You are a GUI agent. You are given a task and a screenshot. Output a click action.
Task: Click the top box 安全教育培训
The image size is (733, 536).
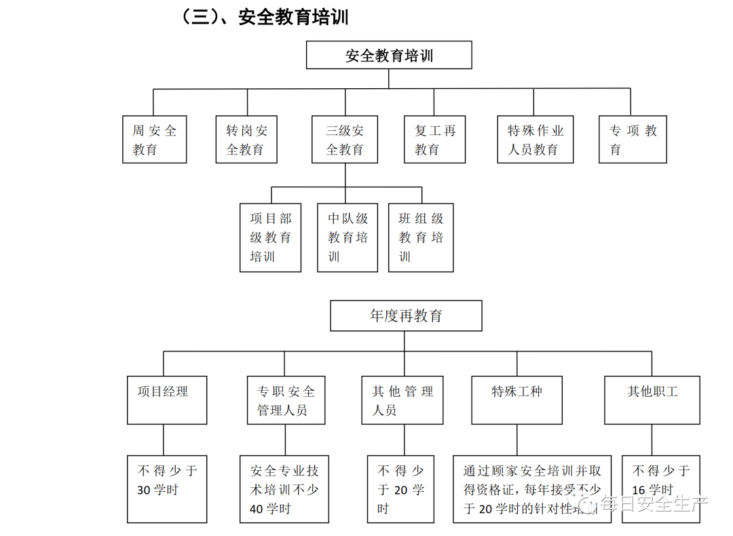pyautogui.click(x=389, y=55)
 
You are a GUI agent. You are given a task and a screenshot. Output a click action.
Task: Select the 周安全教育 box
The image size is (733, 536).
pyautogui.click(x=154, y=140)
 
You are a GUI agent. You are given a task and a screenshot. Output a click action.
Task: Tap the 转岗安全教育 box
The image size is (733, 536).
pyautogui.click(x=246, y=140)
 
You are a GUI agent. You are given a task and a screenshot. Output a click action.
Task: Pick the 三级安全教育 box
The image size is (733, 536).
pyautogui.click(x=345, y=140)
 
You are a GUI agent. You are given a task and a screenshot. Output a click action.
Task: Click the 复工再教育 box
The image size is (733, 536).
pyautogui.click(x=434, y=140)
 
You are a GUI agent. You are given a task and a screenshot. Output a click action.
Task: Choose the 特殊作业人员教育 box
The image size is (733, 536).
pyautogui.click(x=535, y=140)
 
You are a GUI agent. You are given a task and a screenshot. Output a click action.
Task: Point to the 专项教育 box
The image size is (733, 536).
pyautogui.click(x=633, y=140)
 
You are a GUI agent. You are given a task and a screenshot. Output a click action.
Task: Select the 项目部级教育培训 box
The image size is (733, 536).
pyautogui.click(x=270, y=237)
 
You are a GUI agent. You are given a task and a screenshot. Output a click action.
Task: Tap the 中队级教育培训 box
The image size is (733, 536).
pyautogui.click(x=347, y=237)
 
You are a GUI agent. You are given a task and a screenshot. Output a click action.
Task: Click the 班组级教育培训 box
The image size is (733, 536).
pyautogui.click(x=421, y=237)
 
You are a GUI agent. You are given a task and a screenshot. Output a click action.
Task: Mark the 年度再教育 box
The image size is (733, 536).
pyautogui.click(x=406, y=316)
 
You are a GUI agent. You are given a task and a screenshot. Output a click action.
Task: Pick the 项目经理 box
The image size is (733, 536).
pyautogui.click(x=167, y=400)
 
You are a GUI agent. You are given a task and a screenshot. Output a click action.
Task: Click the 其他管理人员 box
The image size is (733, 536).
pyautogui.click(x=402, y=400)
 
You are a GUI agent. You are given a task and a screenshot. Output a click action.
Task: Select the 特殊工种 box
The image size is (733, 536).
pyautogui.click(x=516, y=400)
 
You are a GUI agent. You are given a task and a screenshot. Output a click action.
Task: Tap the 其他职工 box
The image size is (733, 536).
pyautogui.click(x=652, y=400)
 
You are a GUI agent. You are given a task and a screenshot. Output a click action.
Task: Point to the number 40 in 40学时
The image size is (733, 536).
pyautogui.click(x=256, y=509)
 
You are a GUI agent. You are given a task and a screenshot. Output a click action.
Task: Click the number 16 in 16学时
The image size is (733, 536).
pyautogui.click(x=638, y=491)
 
